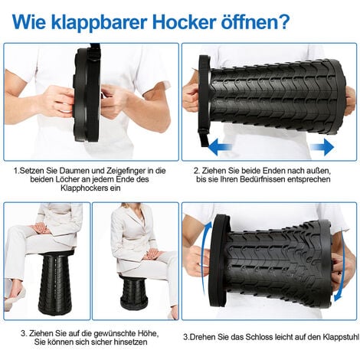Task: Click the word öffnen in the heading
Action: pos(245,22)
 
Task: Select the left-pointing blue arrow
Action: pos(220,147)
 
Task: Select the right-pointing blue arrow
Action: pos(322,147)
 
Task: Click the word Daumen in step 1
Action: pos(73,170)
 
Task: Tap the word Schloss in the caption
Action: pos(259,337)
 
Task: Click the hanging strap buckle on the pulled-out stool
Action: pos(204,133)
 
